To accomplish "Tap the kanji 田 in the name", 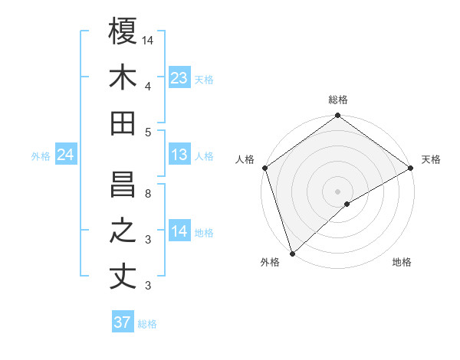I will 123,123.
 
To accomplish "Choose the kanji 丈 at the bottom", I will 123,277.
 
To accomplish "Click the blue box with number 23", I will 179,78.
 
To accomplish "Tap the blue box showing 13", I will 179,155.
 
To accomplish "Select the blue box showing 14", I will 179,232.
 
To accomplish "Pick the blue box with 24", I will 66,155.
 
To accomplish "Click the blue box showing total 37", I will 123,322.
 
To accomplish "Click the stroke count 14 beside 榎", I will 149,39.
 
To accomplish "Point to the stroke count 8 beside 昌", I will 149,193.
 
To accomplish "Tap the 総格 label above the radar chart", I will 337,100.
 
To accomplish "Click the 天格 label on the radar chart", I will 431,159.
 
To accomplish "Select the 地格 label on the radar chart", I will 402,262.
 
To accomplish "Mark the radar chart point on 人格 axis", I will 264,167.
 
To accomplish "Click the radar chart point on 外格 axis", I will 292,253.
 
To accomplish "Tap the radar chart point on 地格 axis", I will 347,204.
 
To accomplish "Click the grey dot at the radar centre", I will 337,191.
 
